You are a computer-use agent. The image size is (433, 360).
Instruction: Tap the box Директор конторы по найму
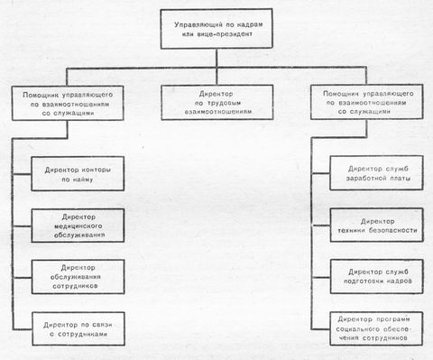click(76, 172)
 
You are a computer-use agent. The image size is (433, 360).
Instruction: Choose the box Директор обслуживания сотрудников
click(76, 276)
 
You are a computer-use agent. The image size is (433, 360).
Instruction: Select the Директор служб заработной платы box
click(371, 172)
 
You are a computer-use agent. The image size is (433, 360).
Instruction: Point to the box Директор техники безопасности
click(371, 225)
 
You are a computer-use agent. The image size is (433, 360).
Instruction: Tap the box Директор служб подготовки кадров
click(371, 276)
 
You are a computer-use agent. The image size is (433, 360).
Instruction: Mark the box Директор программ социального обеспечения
click(371, 328)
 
